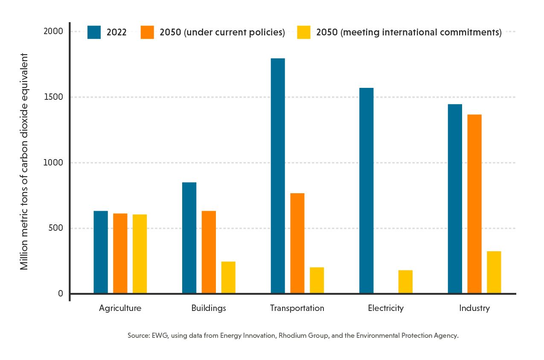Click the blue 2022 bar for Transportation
pos(278,176)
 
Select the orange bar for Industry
pos(474,204)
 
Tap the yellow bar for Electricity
pos(405,282)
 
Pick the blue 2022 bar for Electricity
pos(366,191)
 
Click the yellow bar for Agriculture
pos(140,254)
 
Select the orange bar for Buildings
pos(209,252)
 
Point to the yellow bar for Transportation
pos(317,280)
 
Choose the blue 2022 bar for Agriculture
pos(101,252)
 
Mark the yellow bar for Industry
pos(494,272)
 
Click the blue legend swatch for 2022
pos(94,32)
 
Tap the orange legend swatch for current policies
pos(147,32)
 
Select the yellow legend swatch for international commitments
pos(303,32)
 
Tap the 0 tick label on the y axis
pos(60,294)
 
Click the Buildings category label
pos(209,308)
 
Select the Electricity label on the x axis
pos(386,308)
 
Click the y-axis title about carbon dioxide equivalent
pos(24,162)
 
